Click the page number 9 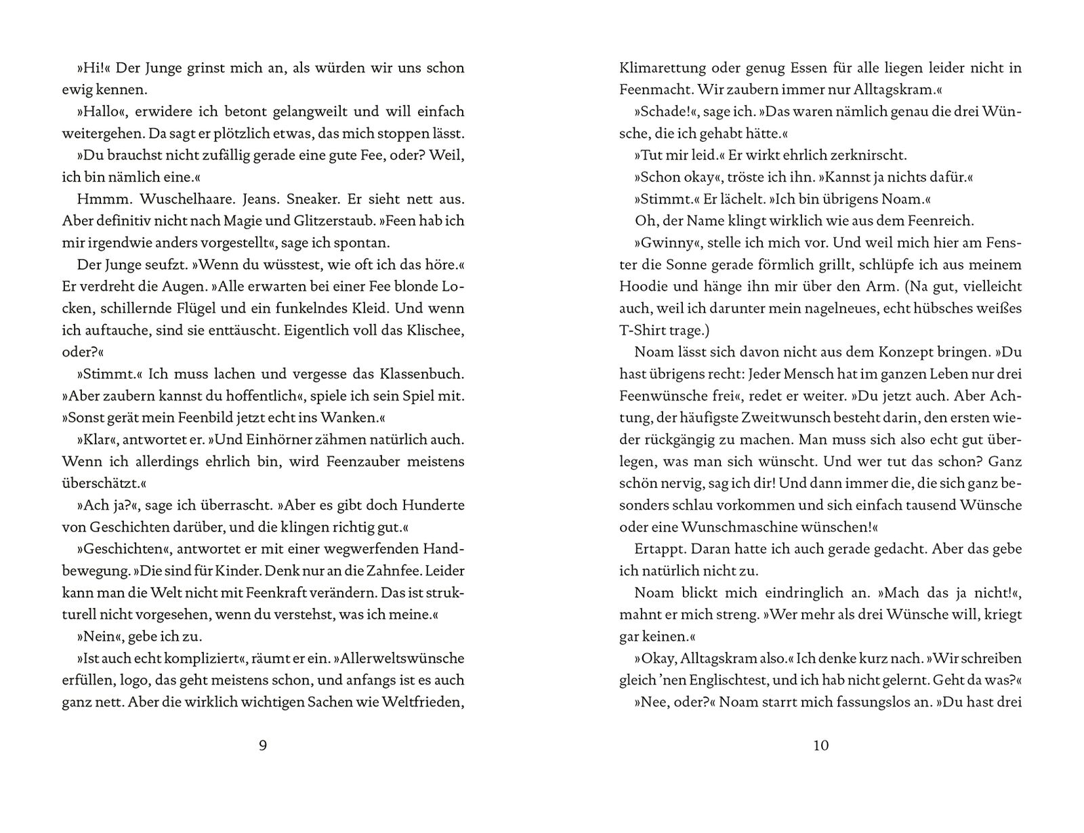click(x=264, y=746)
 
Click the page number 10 click(x=820, y=746)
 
